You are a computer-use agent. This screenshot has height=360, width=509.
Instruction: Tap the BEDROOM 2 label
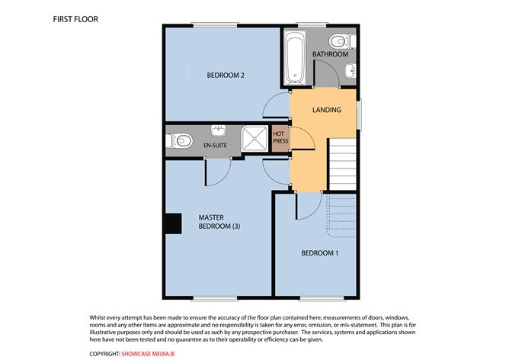click(x=226, y=75)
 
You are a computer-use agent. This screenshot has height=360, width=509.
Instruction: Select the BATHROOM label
click(x=330, y=54)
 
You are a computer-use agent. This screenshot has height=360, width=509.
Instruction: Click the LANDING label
click(x=327, y=110)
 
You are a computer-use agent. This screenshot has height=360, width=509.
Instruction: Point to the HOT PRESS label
click(x=279, y=138)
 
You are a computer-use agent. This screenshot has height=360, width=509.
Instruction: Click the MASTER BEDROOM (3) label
click(x=219, y=222)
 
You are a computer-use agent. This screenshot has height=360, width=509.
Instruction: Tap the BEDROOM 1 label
click(x=319, y=252)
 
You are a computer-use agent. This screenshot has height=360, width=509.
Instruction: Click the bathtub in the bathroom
click(x=294, y=58)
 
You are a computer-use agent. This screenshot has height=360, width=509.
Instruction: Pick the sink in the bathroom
click(x=348, y=73)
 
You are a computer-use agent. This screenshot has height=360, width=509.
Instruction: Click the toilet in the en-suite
click(x=178, y=140)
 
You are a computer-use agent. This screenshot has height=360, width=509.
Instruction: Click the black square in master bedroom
click(x=174, y=223)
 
